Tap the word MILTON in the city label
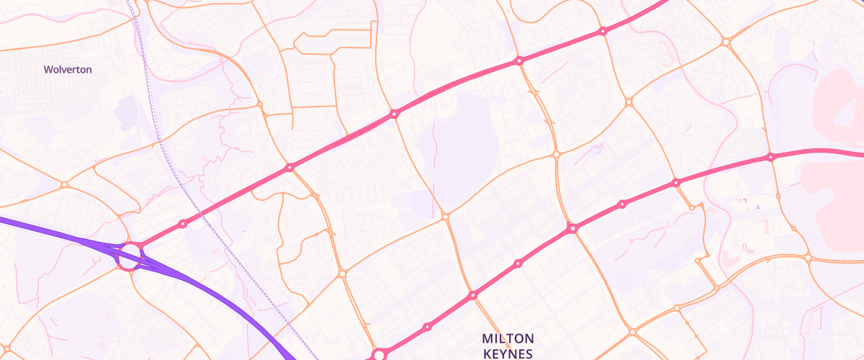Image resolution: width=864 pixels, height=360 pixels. point(508,338)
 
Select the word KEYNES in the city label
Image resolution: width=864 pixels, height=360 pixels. point(508,354)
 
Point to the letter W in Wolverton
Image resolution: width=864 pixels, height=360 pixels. point(48,70)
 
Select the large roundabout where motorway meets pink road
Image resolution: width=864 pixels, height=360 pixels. point(130,255)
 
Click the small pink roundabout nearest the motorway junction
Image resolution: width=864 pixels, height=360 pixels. point(183,224)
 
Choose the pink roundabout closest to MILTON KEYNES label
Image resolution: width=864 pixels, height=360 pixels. point(473,295)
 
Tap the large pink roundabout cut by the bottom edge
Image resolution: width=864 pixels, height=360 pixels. point(379,355)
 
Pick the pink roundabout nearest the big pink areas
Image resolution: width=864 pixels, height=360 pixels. point(770,157)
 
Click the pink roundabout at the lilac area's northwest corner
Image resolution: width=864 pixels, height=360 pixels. point(394,114)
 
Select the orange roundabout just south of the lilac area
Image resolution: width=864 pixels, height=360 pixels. point(446,216)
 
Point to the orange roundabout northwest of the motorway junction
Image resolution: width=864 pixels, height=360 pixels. point(64,185)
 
